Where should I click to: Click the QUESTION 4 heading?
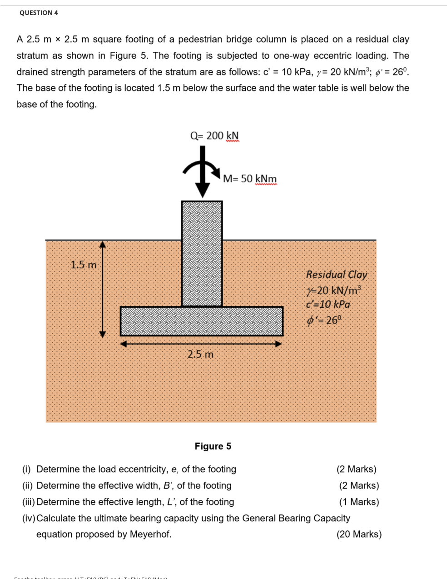pos(39,13)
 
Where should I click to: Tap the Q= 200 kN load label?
pos(214,136)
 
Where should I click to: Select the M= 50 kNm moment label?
pos(249,179)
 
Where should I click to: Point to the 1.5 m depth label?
pos(84,265)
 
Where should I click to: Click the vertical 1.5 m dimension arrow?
pos(103,289)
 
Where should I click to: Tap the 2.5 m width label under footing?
pos(200,354)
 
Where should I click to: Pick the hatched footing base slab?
pos(201,321)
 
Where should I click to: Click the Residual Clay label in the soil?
pos(336,275)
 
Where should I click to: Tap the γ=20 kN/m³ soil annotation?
pos(334,290)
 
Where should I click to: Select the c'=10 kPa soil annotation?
pos(328,304)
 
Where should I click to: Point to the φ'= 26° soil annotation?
pos(323,320)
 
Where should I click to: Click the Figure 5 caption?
pos(213,446)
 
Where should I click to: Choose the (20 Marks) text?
pos(359,534)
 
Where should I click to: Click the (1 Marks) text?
pos(359,502)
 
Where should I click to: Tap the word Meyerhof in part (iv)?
pos(150,534)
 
